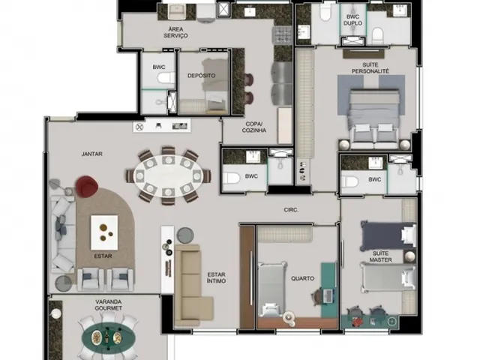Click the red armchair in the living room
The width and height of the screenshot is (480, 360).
click(87, 186)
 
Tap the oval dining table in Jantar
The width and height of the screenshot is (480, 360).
click(168, 176)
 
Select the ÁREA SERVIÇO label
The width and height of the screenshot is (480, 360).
click(175, 32)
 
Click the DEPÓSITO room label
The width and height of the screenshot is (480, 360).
click(202, 76)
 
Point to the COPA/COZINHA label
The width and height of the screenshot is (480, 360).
click(254, 127)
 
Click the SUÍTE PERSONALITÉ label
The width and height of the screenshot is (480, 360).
click(370, 68)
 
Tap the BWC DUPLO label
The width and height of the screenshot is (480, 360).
click(352, 20)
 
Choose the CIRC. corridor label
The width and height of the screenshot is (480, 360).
click(291, 210)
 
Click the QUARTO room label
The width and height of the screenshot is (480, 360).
click(302, 278)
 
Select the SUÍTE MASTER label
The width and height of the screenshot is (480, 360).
click(380, 256)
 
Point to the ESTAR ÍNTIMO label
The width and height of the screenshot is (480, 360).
click(217, 277)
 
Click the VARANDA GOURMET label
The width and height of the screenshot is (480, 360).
click(108, 305)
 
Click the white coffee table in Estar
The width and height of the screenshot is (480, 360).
click(104, 232)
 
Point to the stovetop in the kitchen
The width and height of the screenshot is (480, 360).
click(282, 35)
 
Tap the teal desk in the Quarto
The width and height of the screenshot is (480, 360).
click(328, 290)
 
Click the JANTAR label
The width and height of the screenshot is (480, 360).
click(91, 154)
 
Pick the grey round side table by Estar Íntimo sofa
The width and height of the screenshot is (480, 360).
click(185, 235)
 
